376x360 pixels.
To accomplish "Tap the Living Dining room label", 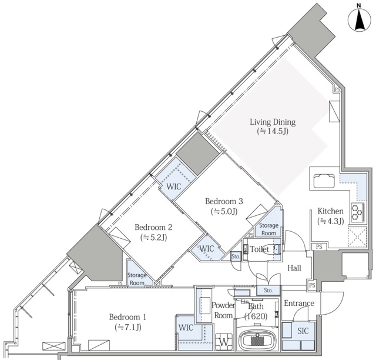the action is click(273, 122).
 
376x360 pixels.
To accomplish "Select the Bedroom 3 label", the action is click(224, 201).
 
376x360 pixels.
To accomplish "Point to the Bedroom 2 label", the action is click(153, 227).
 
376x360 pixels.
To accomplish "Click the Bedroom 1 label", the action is click(127, 317).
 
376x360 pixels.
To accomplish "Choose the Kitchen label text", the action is click(330, 211).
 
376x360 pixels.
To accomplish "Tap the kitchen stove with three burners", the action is click(358, 212).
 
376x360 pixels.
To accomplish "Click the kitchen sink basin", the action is click(324, 181).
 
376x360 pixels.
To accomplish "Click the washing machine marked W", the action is click(224, 342).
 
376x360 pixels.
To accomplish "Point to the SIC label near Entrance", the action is click(303, 331).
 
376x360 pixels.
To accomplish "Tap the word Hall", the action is click(294, 268).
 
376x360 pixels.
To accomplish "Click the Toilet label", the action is click(260, 249).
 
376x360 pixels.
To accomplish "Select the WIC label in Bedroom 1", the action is click(186, 327).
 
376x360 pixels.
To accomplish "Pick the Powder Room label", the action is click(223, 310).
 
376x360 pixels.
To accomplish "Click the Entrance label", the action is click(299, 303).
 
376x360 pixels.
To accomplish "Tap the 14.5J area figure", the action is click(273, 131).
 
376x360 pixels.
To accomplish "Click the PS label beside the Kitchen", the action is click(319, 246).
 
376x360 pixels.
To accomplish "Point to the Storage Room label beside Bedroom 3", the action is click(269, 229).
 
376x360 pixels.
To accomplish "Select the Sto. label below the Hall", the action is click(268, 291).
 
